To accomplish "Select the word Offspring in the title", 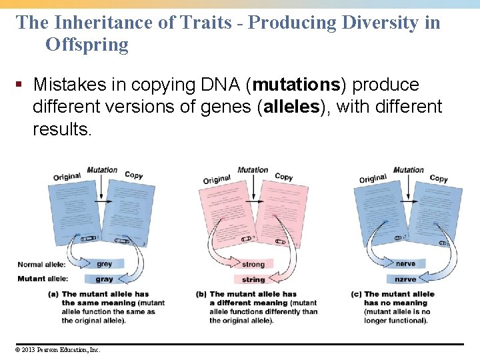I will coord(87,45).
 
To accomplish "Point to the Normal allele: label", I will coord(41,265).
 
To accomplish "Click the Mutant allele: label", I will coord(41,279).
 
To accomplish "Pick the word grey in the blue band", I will coord(105,265).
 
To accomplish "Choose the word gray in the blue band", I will coord(105,279).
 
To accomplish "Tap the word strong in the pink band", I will coord(253,265).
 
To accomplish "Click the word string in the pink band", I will coord(253,280).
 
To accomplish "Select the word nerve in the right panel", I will coord(405,264).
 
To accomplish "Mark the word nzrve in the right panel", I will coord(405,279).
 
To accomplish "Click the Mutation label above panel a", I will coord(101,170).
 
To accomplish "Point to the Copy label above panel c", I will coord(439,178).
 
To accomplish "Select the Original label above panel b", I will coord(217,179).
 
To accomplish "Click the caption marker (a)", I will coord(53,294).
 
